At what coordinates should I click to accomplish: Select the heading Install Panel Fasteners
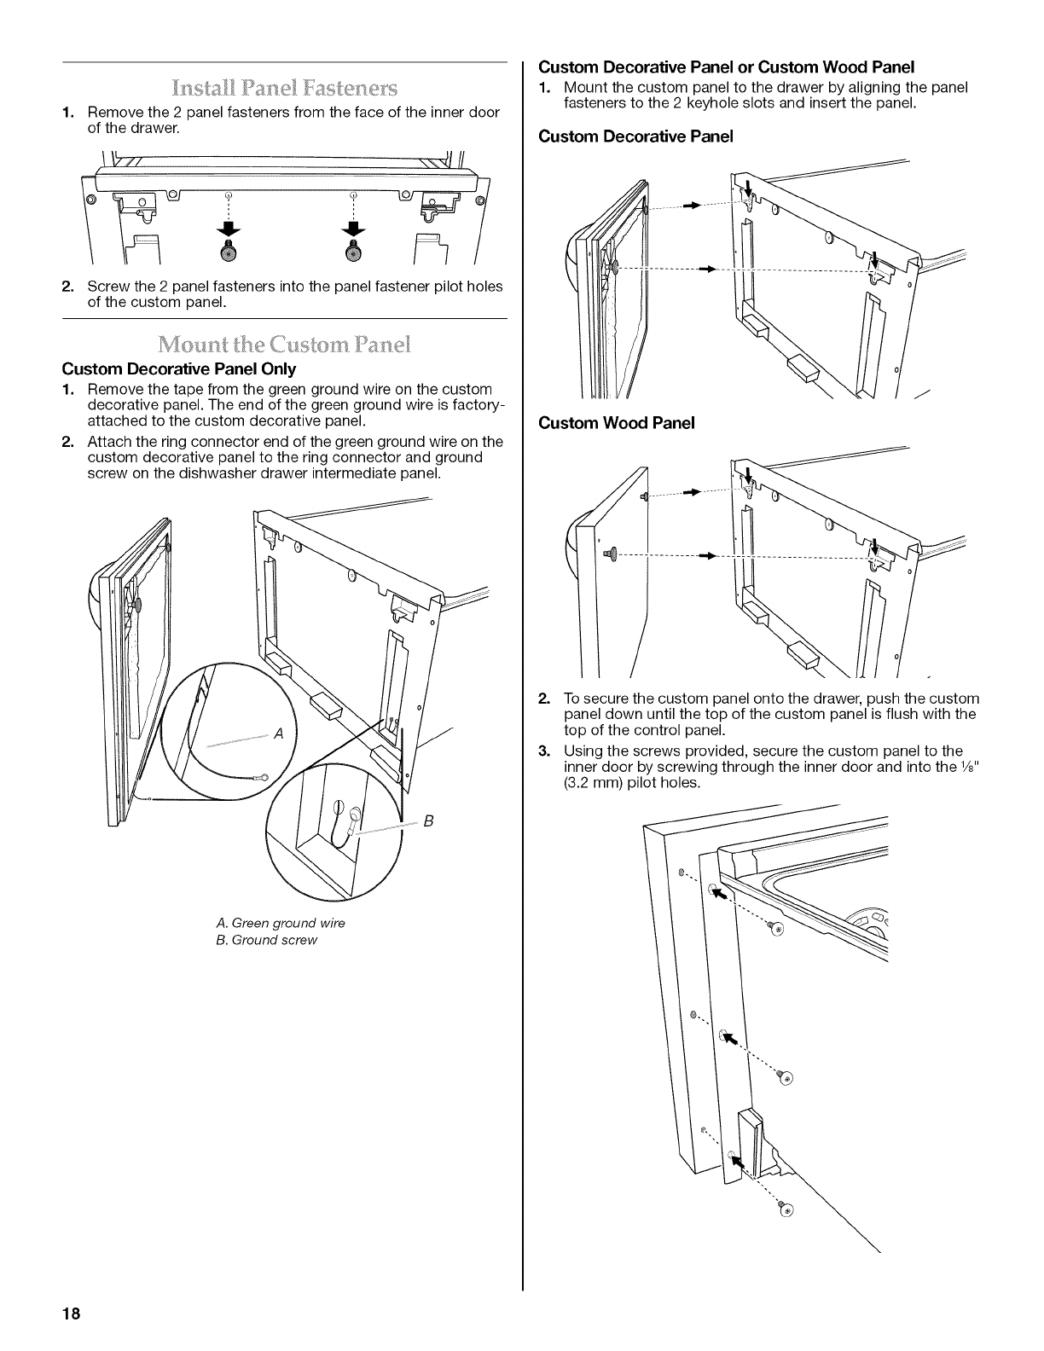[x=285, y=88]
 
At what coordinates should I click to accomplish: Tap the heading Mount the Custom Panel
[x=285, y=346]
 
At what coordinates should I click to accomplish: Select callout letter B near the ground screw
[x=429, y=821]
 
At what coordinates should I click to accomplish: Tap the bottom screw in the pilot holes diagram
[x=786, y=1210]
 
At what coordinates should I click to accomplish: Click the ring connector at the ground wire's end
[x=264, y=776]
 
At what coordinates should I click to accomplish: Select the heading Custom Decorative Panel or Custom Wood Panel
[x=727, y=66]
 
